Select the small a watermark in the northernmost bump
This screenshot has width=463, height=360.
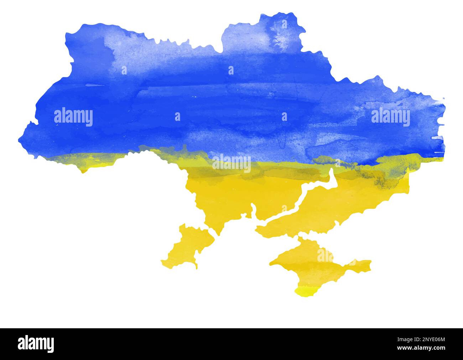[284, 24]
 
